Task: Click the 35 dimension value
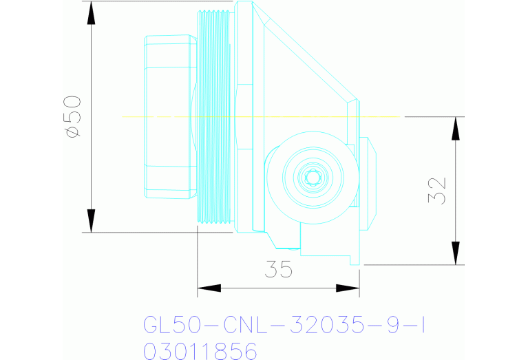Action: point(278,270)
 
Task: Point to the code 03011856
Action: point(200,351)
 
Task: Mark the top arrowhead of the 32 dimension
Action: point(455,127)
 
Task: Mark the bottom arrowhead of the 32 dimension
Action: point(455,253)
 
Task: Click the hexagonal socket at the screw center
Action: point(313,177)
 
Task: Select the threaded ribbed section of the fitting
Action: point(213,117)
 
